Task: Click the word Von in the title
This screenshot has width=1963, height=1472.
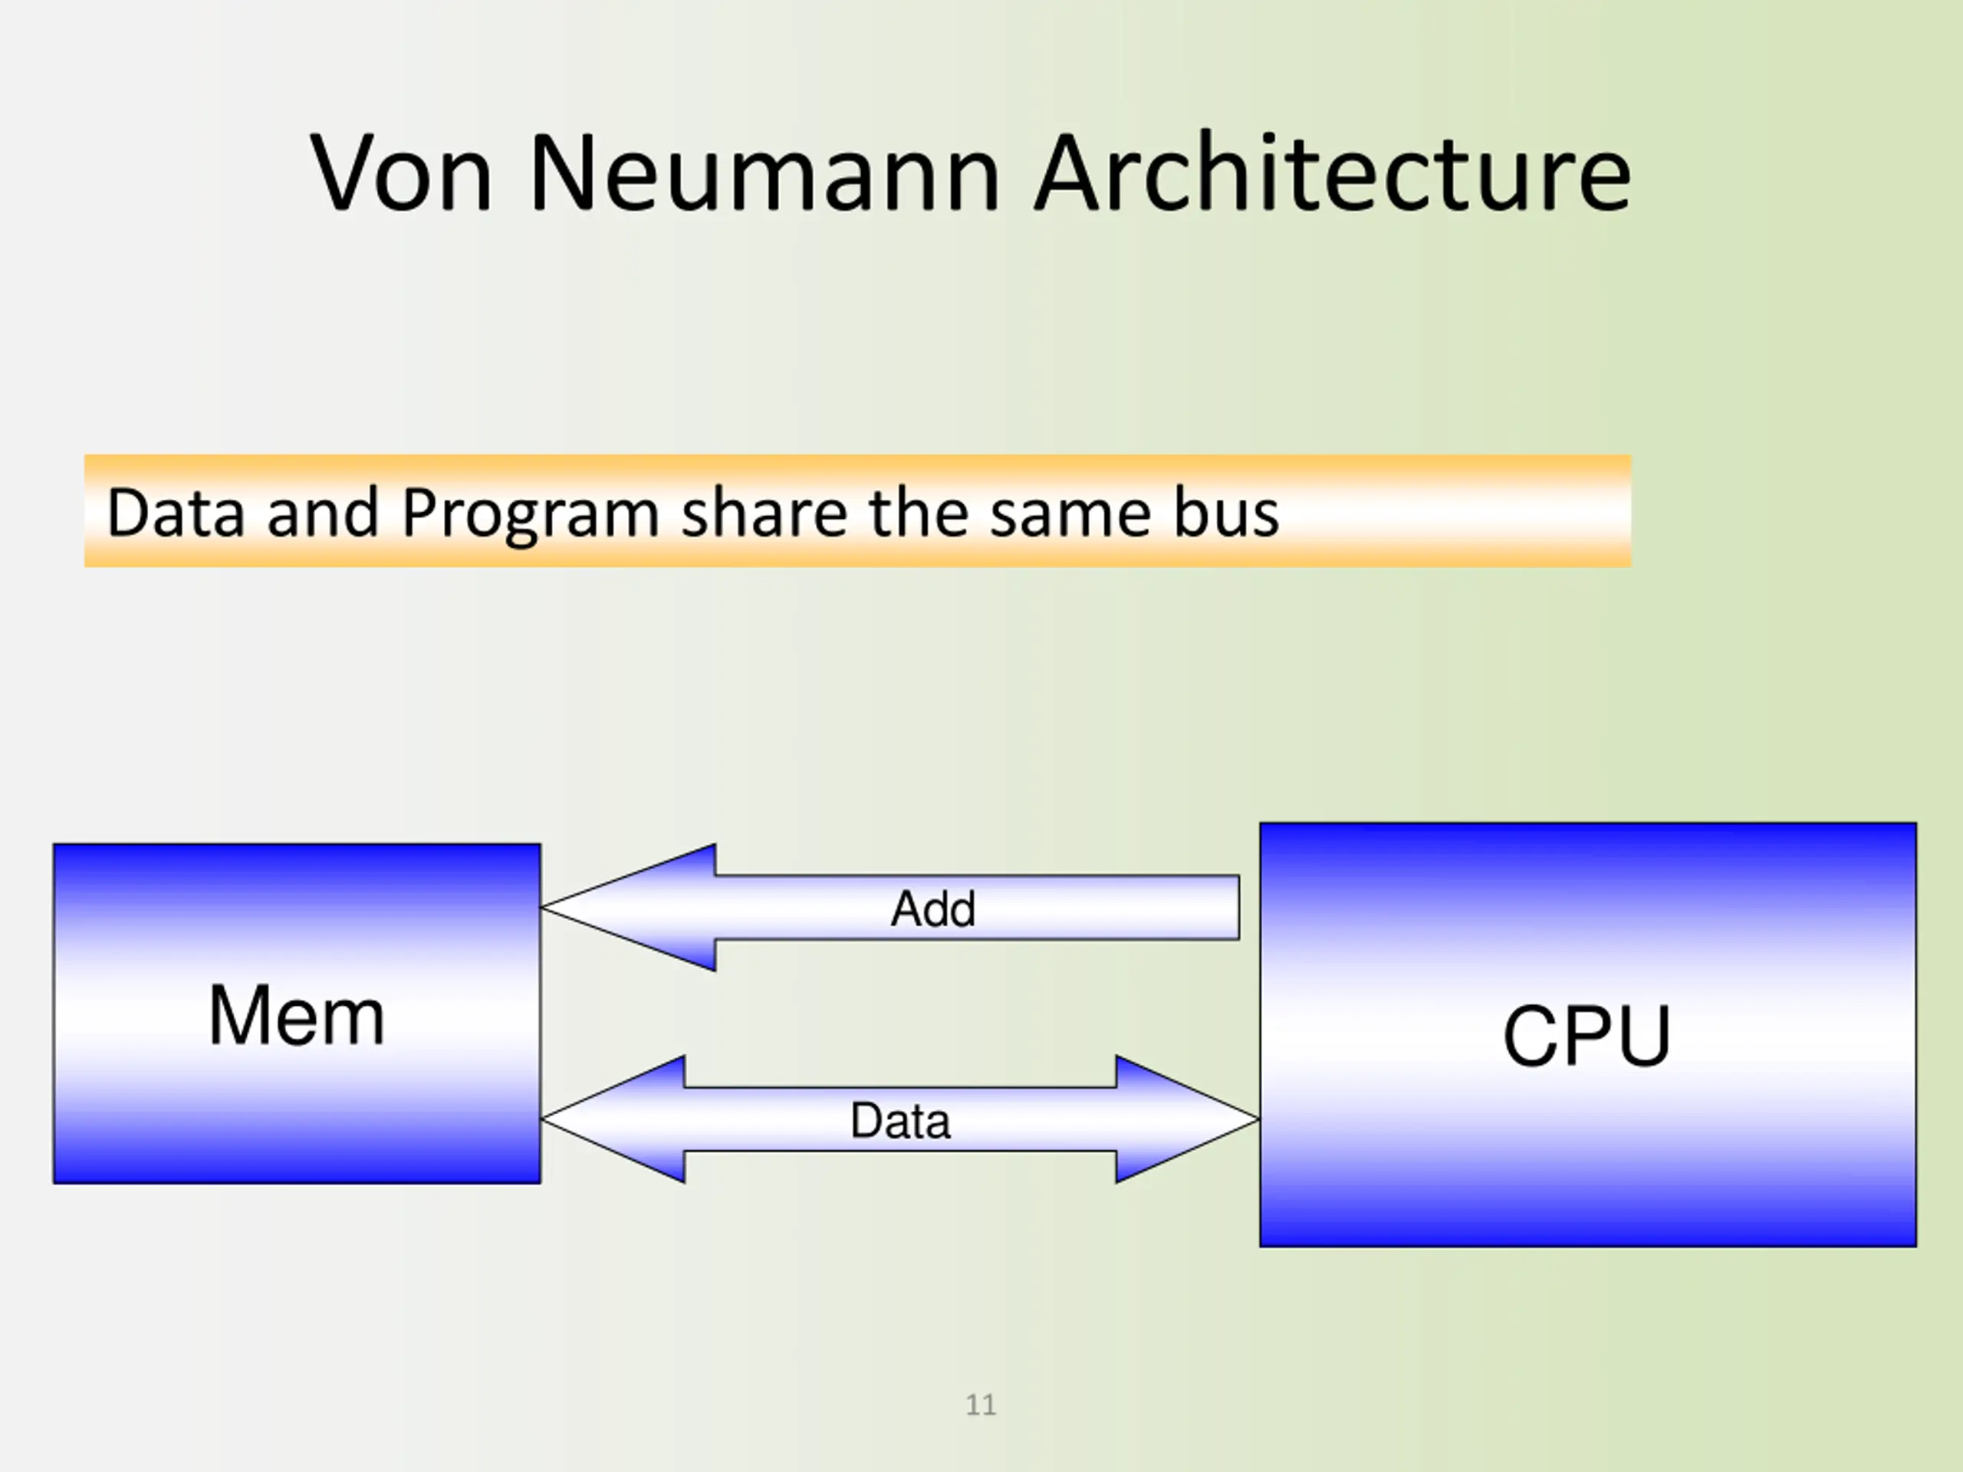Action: [400, 172]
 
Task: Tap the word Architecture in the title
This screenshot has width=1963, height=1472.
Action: [1332, 172]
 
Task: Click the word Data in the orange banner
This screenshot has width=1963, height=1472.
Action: [176, 513]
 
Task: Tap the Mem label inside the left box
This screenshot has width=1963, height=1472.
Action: [297, 1015]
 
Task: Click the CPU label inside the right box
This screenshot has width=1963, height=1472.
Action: [1587, 1036]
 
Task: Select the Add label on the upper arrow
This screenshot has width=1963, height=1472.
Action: [932, 909]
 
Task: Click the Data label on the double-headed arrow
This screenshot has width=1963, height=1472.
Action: [900, 1121]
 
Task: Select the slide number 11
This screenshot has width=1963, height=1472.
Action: [981, 1405]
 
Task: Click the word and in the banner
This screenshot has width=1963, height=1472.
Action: [322, 513]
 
